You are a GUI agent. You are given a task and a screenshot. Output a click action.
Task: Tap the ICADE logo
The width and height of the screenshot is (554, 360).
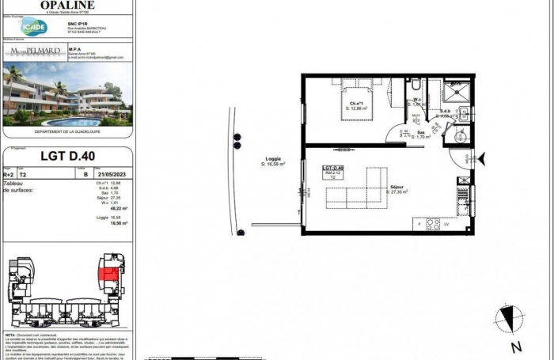tap(33, 27)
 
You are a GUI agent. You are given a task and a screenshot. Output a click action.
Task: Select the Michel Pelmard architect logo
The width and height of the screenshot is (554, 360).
tap(35, 51)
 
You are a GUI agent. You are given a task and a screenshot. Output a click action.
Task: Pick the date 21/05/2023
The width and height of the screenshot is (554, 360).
tap(108, 176)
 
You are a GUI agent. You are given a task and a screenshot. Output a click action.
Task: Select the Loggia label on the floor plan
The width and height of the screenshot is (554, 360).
tap(273, 160)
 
